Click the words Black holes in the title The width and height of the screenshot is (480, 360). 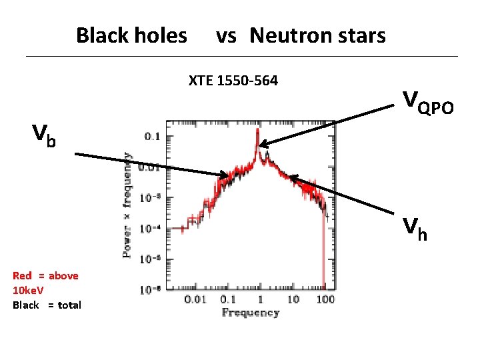tap(131, 35)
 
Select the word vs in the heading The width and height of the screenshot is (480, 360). tap(226, 35)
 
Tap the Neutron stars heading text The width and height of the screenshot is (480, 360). tap(317, 35)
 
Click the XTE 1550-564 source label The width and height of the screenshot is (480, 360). tap(233, 82)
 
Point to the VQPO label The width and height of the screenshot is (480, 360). tap(428, 101)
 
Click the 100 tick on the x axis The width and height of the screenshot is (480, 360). tap(325, 301)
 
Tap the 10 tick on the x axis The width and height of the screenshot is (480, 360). tap(293, 301)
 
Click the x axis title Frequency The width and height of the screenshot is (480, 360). tap(250, 313)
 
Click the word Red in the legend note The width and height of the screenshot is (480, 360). tap(22, 276)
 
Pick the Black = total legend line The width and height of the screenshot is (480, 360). tap(47, 305)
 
